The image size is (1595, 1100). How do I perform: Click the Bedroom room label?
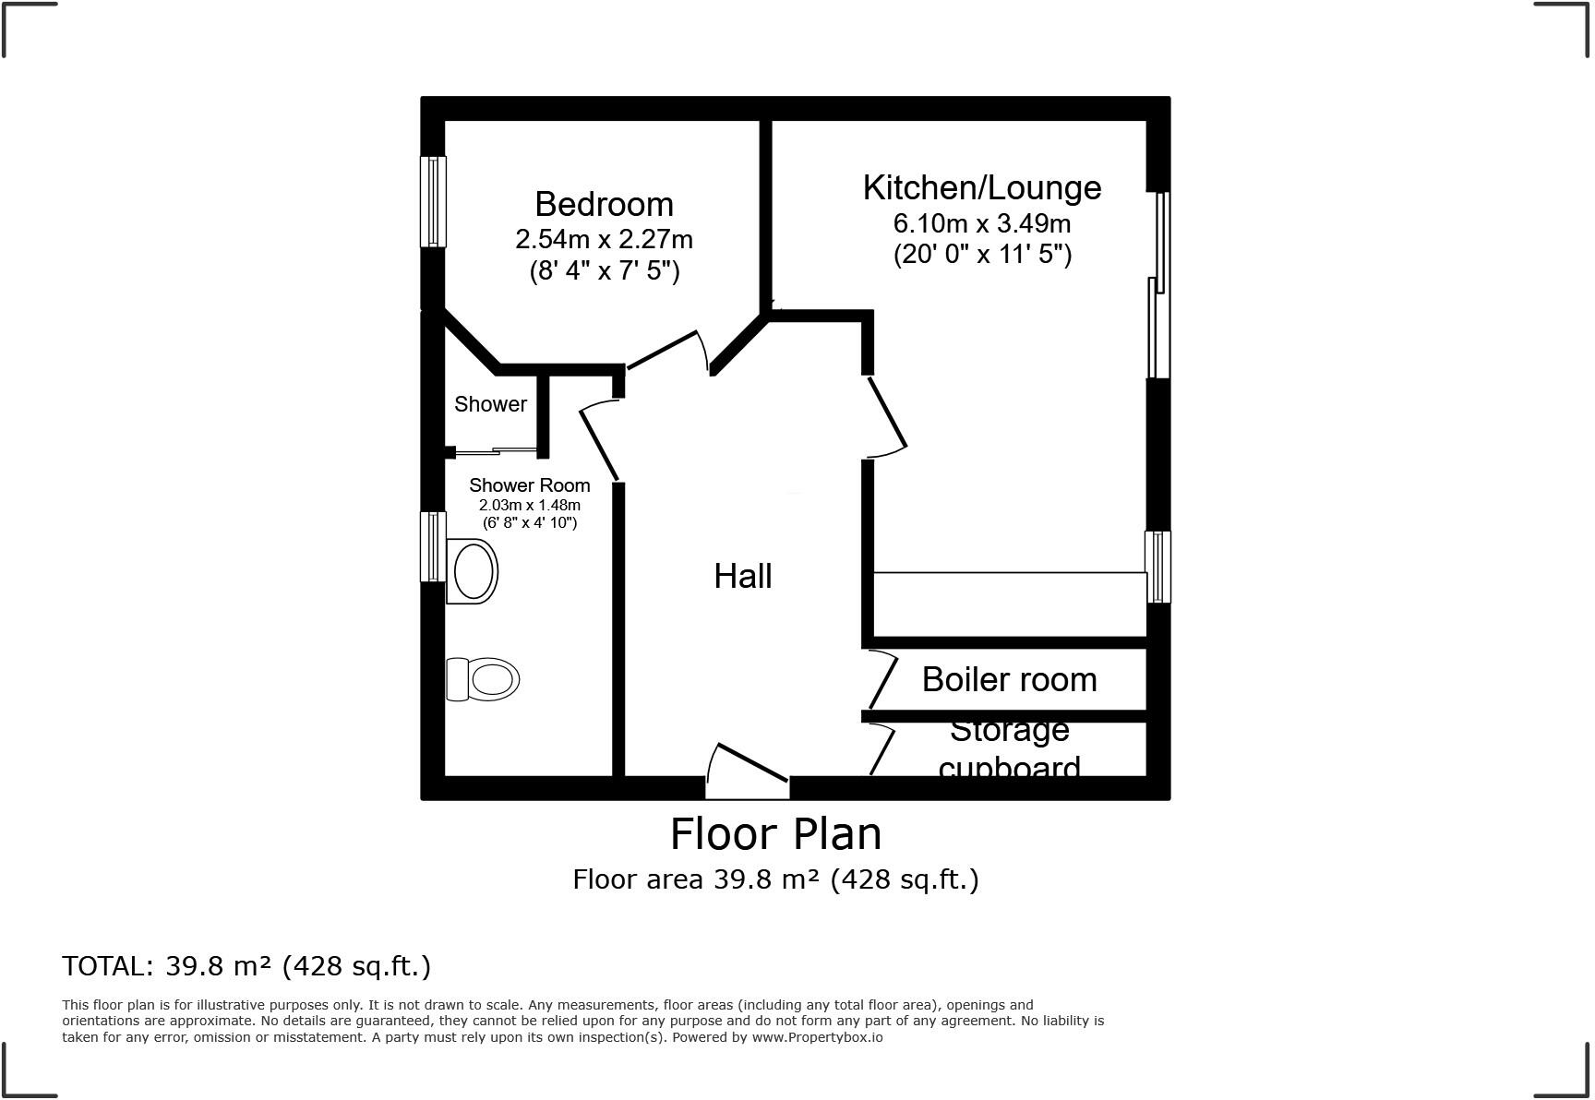pyautogui.click(x=604, y=204)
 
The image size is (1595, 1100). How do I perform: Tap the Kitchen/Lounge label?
pyautogui.click(x=981, y=187)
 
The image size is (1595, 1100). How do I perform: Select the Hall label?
pyautogui.click(x=742, y=576)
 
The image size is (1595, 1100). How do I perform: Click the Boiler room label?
pyautogui.click(x=1009, y=679)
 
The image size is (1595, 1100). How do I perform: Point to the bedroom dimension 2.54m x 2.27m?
pyautogui.click(x=604, y=239)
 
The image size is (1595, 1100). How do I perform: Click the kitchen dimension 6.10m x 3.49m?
pyautogui.click(x=981, y=223)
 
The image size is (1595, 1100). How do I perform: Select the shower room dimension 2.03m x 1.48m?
pyautogui.click(x=529, y=505)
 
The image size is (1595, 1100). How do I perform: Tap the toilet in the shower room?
pyautogui.click(x=483, y=680)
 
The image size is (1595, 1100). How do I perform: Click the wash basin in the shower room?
pyautogui.click(x=473, y=572)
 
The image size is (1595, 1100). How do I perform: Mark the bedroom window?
pyautogui.click(x=433, y=201)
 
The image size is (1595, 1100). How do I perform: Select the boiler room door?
pyautogui.click(x=881, y=680)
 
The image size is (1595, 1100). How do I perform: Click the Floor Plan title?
pyautogui.click(x=775, y=834)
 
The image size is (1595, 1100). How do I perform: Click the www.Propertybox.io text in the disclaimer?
pyautogui.click(x=817, y=1037)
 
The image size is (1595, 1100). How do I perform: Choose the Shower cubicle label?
pyautogui.click(x=490, y=404)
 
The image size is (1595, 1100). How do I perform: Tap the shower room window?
pyautogui.click(x=433, y=547)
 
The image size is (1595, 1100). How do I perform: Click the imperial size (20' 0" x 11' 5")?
pyautogui.click(x=981, y=254)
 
